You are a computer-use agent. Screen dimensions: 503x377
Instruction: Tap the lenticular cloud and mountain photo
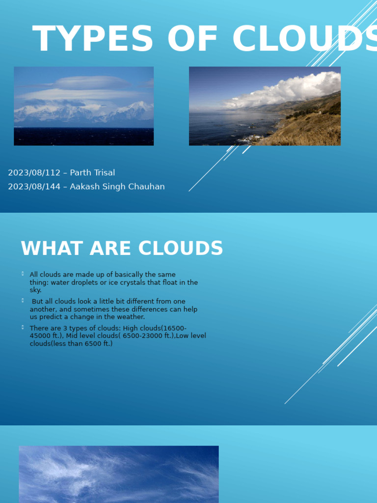tap(83, 106)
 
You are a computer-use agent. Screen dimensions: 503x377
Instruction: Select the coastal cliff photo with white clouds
tap(265, 106)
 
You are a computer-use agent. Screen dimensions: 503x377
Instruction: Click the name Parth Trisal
tap(92, 173)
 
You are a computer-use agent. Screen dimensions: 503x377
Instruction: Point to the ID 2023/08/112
tap(34, 173)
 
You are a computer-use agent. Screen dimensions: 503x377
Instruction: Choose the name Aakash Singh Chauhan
tap(117, 187)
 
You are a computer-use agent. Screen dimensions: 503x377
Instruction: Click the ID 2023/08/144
tap(34, 187)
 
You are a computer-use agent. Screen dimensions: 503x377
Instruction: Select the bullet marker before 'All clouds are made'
tap(23, 273)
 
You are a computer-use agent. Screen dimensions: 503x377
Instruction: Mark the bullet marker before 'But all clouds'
tap(23, 300)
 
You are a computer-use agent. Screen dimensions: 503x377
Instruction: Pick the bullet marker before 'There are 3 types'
tap(23, 327)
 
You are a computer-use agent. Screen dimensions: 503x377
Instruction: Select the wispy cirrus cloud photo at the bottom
tap(118, 474)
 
